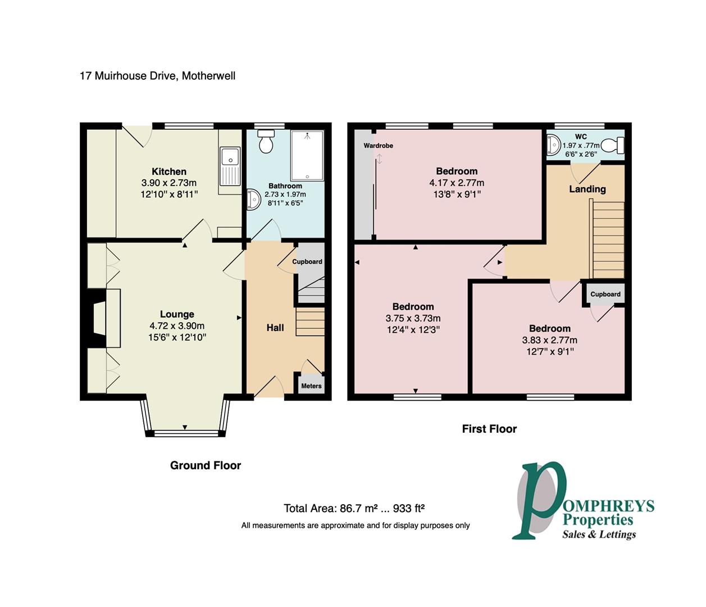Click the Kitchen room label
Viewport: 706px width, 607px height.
[x=169, y=171]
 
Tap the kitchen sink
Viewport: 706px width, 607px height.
[x=230, y=166]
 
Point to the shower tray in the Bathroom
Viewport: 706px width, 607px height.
[x=307, y=155]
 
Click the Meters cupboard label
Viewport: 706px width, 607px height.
[x=311, y=386]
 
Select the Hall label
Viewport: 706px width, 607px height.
[x=275, y=328]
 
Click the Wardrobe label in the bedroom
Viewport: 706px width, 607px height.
[x=378, y=146]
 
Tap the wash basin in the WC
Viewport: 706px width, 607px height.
[x=553, y=144]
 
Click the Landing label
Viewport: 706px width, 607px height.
[x=587, y=189]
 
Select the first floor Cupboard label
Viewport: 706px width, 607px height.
[x=605, y=294]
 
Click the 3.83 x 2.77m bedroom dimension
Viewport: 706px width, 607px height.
[x=549, y=340]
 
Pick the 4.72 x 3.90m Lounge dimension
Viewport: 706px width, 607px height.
[x=177, y=326]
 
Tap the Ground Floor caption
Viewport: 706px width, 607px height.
[x=206, y=465]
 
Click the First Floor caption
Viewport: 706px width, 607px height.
[x=489, y=429]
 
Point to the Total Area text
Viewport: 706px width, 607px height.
[x=354, y=509]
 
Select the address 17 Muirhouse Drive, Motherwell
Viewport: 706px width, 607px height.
[x=158, y=75]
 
